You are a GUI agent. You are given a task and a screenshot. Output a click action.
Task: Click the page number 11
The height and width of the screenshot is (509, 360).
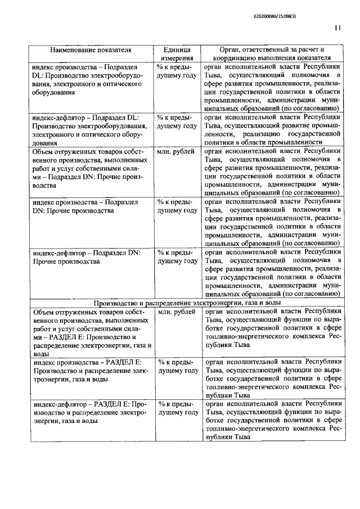pyautogui.click(x=336, y=27)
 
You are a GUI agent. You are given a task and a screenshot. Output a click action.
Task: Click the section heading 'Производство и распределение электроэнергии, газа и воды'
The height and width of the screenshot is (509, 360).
pyautogui.click(x=187, y=303)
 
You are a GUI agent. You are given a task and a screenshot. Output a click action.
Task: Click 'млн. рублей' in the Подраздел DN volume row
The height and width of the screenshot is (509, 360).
pyautogui.click(x=177, y=152)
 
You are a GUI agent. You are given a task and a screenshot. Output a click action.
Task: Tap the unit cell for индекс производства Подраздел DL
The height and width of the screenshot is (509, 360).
pyautogui.click(x=177, y=70)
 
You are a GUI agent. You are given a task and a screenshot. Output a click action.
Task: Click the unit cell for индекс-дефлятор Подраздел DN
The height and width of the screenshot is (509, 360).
pyautogui.click(x=177, y=257)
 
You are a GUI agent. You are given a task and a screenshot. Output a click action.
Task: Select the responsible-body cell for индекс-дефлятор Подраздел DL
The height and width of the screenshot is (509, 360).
pyautogui.click(x=271, y=130)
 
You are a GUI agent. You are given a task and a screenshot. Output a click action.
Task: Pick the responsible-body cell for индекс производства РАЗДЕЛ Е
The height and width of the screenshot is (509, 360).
pyautogui.click(x=271, y=376)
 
